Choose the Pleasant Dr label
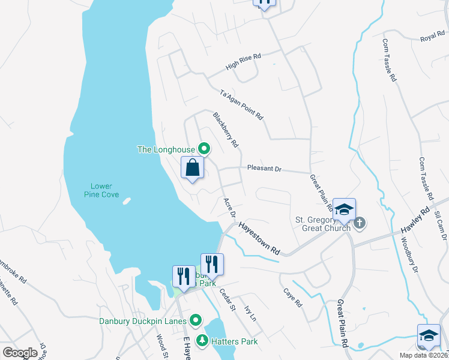click(x=264, y=169)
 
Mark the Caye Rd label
click(x=293, y=296)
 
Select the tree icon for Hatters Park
click(x=203, y=341)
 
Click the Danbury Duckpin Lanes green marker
click(x=194, y=320)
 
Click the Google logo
click(x=20, y=353)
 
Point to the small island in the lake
click(x=126, y=202)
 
